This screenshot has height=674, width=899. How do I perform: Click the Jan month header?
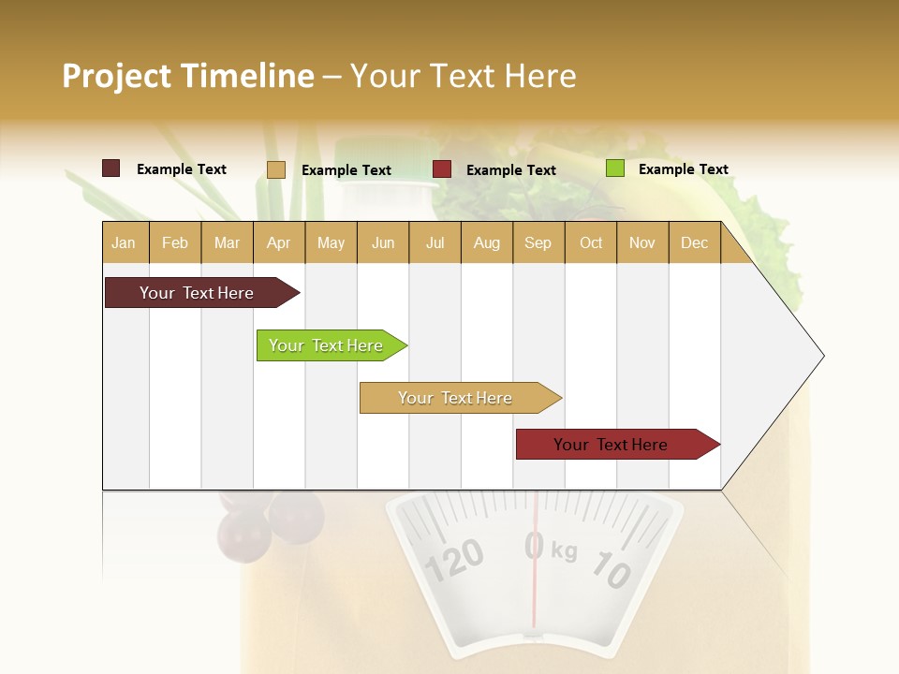pos(124,242)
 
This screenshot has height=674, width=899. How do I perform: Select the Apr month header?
pos(278,242)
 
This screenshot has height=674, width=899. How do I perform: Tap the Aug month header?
pos(486,242)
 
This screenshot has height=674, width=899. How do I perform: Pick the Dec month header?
pos(694,242)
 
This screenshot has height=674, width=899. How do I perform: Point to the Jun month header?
pos(383,242)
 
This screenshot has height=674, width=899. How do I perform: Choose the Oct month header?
pos(591,242)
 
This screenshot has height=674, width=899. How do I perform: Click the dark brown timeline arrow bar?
pos(197,293)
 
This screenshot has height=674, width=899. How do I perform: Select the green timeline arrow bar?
pos(326,345)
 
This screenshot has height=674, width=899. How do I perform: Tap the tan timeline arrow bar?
pos(455,398)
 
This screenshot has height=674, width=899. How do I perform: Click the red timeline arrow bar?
pos(611,445)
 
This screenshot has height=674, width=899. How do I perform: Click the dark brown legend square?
pos(111,168)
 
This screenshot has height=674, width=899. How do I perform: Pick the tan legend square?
pos(276,169)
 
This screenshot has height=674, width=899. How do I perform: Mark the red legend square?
pos(442,169)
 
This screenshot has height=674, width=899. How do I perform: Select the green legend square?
pos(615,168)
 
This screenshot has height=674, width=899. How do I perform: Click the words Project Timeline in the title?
pos(188,76)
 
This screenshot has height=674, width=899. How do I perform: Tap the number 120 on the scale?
pos(455,559)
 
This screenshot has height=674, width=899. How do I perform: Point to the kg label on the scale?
pos(564,550)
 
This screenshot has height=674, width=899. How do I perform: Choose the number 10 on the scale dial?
pos(612,570)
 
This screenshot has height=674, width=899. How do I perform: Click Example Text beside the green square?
pos(683,169)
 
